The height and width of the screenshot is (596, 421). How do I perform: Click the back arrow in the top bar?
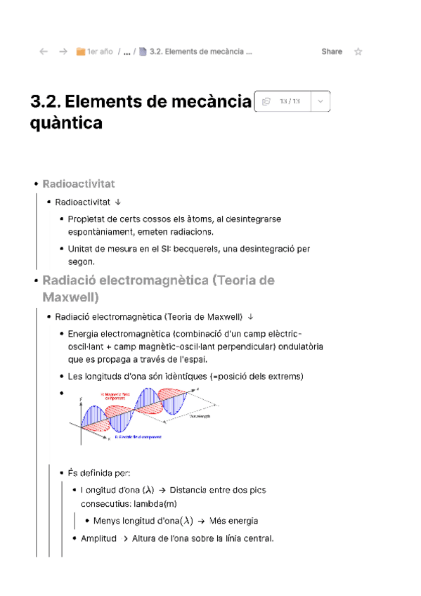pyautogui.click(x=44, y=51)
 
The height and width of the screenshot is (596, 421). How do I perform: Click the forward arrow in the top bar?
pyautogui.click(x=63, y=51)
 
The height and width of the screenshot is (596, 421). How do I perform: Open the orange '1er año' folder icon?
pyautogui.click(x=81, y=51)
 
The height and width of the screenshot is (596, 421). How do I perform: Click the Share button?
pyautogui.click(x=332, y=51)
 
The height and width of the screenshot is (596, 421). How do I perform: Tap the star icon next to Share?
pyautogui.click(x=358, y=51)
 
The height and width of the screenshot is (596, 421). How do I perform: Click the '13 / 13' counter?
pyautogui.click(x=290, y=101)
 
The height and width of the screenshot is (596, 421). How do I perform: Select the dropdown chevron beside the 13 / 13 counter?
pyautogui.click(x=320, y=101)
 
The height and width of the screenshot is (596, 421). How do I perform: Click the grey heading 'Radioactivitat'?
pyautogui.click(x=79, y=183)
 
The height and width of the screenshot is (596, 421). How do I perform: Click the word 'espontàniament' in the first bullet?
pyautogui.click(x=100, y=231)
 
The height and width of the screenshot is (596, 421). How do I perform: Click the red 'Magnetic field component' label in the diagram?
pyautogui.click(x=116, y=396)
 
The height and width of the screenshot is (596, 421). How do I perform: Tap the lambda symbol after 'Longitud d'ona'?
pyautogui.click(x=148, y=490)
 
